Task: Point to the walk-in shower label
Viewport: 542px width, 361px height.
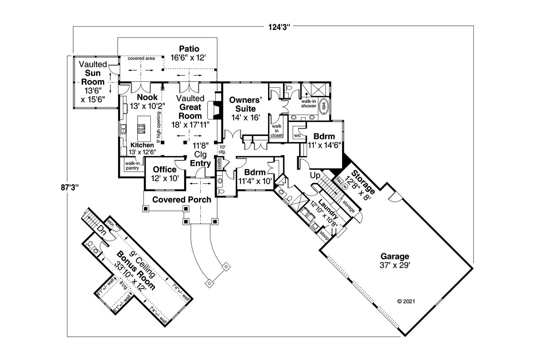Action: pyautogui.click(x=310, y=104)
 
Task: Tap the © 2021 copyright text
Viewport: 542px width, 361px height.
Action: pyautogui.click(x=406, y=302)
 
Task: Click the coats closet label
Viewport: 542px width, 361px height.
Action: pyautogui.click(x=218, y=163)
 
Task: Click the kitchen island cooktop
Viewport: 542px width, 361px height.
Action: pyautogui.click(x=141, y=128)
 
